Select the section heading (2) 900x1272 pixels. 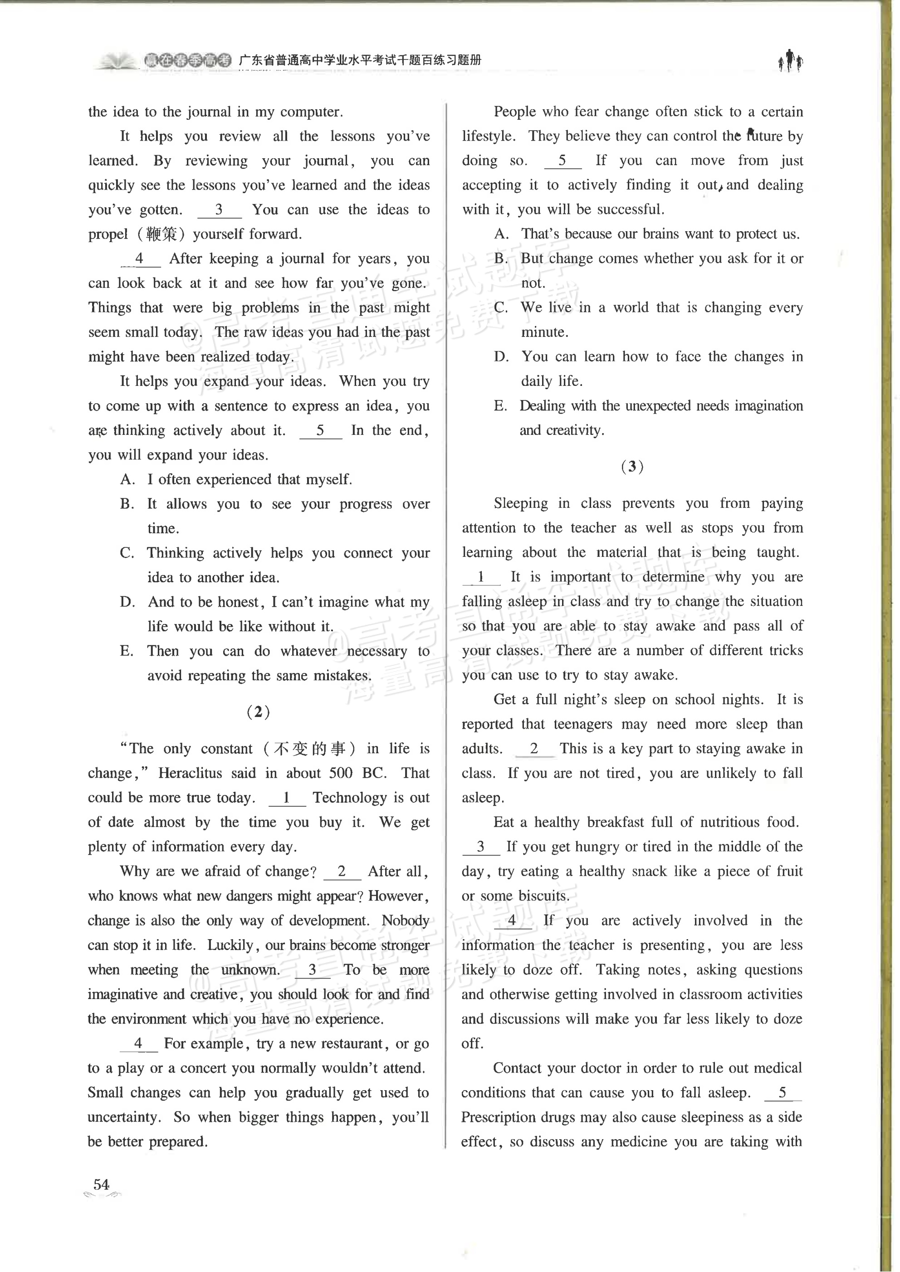pos(258,712)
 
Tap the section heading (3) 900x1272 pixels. pos(632,467)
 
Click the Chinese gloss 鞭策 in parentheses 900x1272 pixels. pos(161,234)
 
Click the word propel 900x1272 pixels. pos(108,234)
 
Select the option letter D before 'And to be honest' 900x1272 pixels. pos(127,602)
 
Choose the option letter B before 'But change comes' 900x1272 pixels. pos(500,259)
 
